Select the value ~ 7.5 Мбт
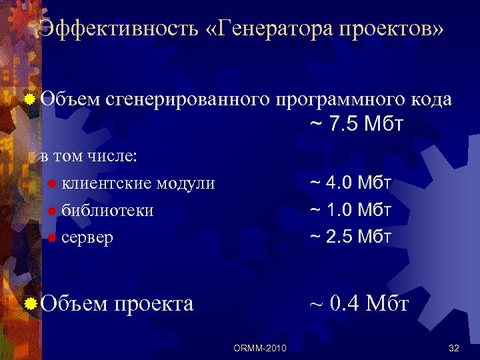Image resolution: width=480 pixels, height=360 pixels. point(357,125)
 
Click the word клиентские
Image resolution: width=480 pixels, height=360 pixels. point(105,183)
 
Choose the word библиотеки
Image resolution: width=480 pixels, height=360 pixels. point(107,210)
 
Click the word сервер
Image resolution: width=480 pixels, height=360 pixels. point(87,237)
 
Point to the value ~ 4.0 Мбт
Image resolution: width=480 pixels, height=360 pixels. point(351,183)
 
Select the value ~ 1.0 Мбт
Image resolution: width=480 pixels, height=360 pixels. point(351,210)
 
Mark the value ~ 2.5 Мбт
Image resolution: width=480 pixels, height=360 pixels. point(351,237)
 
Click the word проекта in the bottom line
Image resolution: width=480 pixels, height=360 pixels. point(154,303)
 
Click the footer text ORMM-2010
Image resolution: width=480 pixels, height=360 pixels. point(261,348)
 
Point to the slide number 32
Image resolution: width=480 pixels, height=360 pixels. point(455,348)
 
